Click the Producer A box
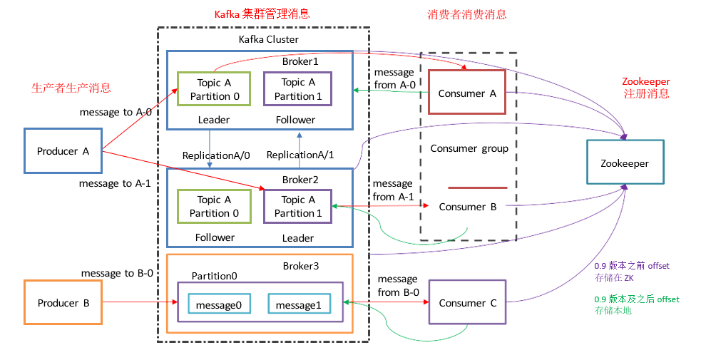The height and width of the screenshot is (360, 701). (63, 151)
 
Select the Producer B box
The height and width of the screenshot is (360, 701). (63, 303)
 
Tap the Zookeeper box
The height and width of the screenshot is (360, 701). (625, 163)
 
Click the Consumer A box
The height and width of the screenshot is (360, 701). (467, 93)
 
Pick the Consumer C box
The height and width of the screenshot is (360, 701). (467, 303)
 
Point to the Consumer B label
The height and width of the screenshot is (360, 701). (467, 207)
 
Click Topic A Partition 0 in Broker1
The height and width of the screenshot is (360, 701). (214, 89)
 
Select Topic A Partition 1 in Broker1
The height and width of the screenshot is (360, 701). (297, 89)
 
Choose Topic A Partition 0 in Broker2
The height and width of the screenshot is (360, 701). (214, 207)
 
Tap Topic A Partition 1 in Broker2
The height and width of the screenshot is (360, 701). (297, 207)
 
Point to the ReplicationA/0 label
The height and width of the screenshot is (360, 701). (213, 155)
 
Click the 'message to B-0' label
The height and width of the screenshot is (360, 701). (118, 272)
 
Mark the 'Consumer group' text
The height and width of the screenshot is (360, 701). (469, 148)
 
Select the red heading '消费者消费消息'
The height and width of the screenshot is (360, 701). (466, 14)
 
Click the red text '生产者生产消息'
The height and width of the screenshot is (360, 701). (71, 88)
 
